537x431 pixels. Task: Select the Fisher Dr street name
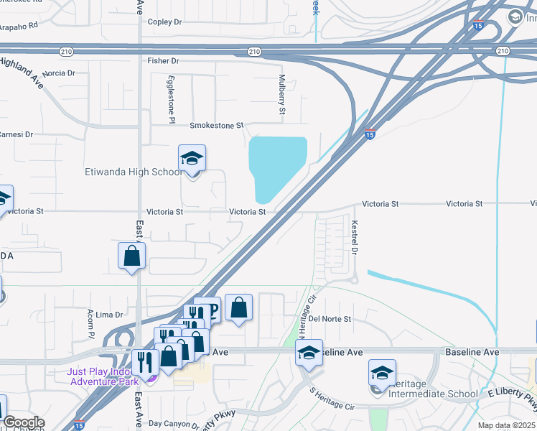click(163, 61)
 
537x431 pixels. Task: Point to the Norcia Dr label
click(59, 73)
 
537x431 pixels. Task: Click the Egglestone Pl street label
click(172, 99)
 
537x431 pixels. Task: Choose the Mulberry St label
click(282, 93)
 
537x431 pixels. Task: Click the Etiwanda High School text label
click(134, 172)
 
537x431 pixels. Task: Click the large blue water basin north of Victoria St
click(276, 167)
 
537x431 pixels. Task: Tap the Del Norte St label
click(330, 319)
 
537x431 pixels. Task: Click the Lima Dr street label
click(109, 315)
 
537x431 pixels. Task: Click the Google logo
click(23, 422)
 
